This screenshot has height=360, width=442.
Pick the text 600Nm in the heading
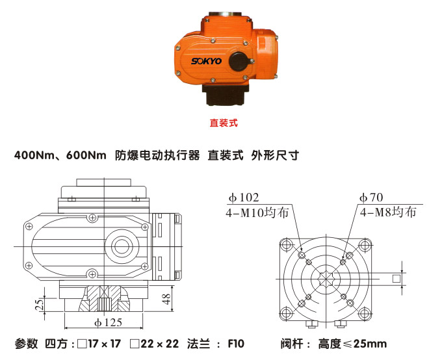click(x=86, y=156)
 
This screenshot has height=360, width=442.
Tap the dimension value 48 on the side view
click(x=166, y=298)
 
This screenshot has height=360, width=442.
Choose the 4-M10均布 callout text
click(x=257, y=212)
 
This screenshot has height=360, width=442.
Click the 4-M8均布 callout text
click(x=387, y=212)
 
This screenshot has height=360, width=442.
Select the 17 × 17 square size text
click(x=100, y=344)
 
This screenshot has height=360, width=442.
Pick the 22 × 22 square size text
click(x=158, y=344)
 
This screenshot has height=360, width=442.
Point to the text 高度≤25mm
click(x=352, y=344)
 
